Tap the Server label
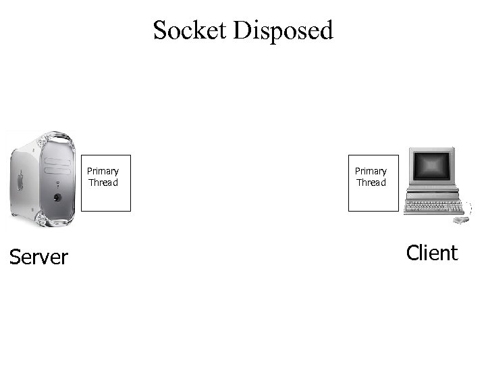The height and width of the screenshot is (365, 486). (x=38, y=257)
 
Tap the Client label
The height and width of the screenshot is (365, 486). (x=432, y=253)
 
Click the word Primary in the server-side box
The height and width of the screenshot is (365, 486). (x=103, y=171)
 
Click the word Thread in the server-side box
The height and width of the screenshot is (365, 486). (x=103, y=182)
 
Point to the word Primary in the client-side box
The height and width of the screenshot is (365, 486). (x=371, y=171)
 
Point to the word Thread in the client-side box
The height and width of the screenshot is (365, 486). (x=371, y=182)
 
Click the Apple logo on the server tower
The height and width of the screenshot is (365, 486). (x=20, y=180)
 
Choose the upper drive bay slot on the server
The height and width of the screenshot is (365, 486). (x=57, y=161)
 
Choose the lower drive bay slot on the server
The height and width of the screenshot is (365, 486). (x=57, y=170)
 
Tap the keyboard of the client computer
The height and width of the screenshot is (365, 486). (x=432, y=206)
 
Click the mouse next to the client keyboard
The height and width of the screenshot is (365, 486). (x=461, y=220)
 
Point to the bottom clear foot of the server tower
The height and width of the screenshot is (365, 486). (x=40, y=219)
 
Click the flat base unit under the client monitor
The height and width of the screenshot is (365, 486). (x=432, y=190)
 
